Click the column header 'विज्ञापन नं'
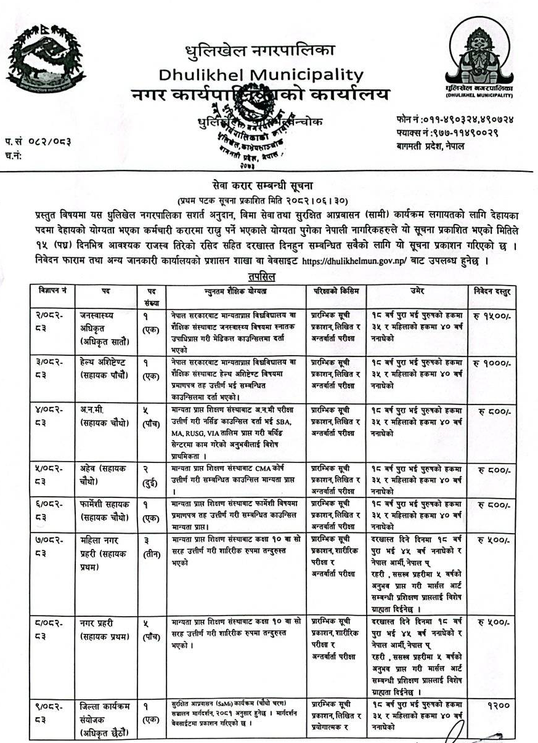click(51, 289)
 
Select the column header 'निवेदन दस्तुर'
click(492, 289)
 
